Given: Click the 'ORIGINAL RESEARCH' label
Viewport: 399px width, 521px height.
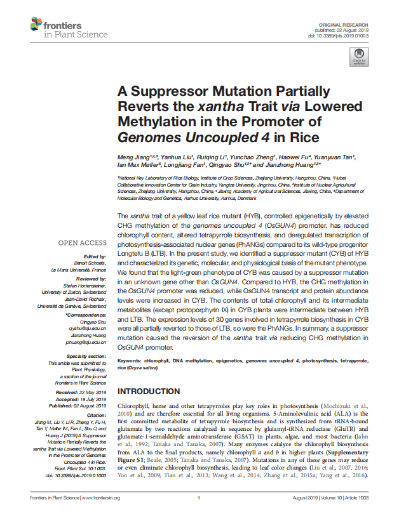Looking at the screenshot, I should [x=351, y=23].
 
